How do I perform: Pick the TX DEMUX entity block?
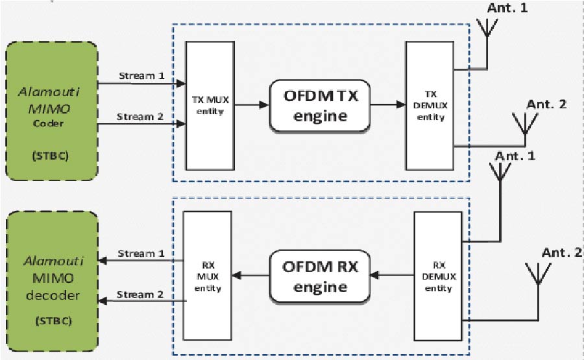[430, 105]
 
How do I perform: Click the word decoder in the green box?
[51, 296]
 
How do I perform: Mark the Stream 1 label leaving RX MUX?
[141, 253]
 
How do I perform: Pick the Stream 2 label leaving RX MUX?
[141, 294]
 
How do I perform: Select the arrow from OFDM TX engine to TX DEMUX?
[387, 105]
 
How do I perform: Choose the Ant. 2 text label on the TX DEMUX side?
[546, 104]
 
